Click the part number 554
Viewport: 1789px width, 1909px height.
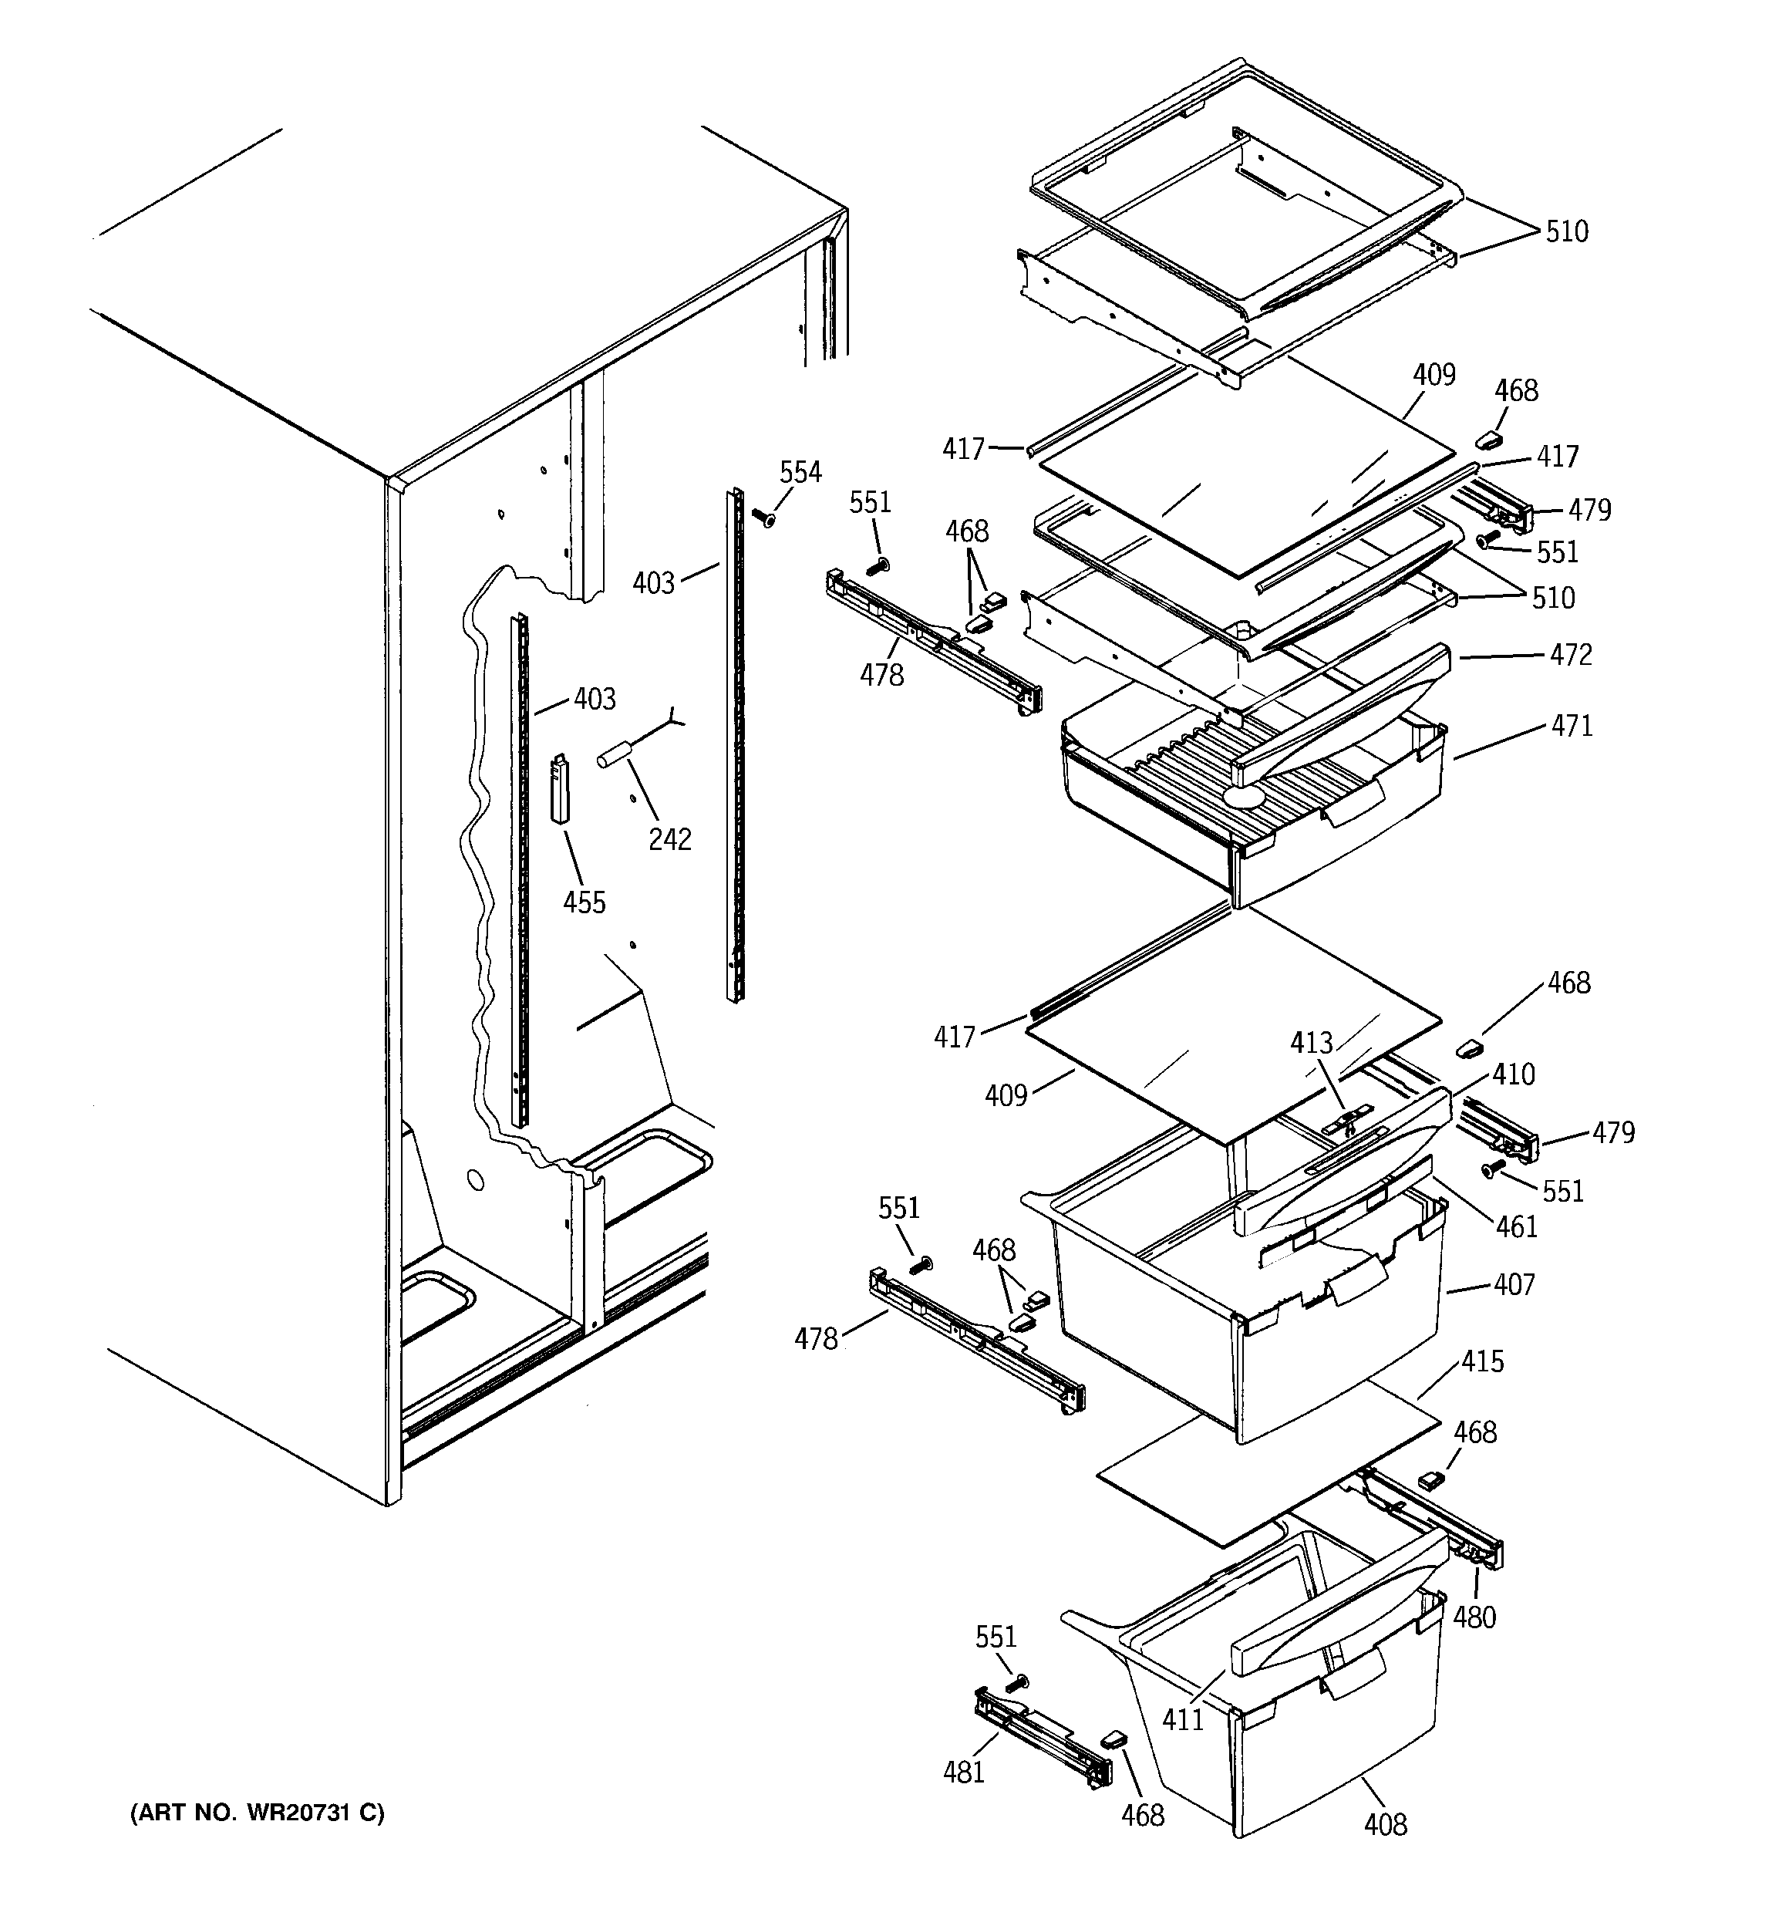(800, 473)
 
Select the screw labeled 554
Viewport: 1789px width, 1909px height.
(766, 520)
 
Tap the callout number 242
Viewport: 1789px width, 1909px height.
(669, 839)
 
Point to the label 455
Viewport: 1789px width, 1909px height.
(584, 902)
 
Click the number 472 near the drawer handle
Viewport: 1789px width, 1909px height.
(1571, 655)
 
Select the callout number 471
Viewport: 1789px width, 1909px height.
(1572, 726)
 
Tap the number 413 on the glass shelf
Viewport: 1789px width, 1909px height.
(1312, 1043)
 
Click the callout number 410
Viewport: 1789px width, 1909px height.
(1514, 1074)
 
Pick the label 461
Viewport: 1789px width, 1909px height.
(1516, 1226)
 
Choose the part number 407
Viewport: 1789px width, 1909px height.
(1514, 1284)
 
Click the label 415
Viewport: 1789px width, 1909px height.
(1483, 1361)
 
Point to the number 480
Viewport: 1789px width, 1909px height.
(1474, 1618)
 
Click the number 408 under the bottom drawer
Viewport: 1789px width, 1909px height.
(1385, 1824)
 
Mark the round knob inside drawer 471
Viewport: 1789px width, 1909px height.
(1244, 796)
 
